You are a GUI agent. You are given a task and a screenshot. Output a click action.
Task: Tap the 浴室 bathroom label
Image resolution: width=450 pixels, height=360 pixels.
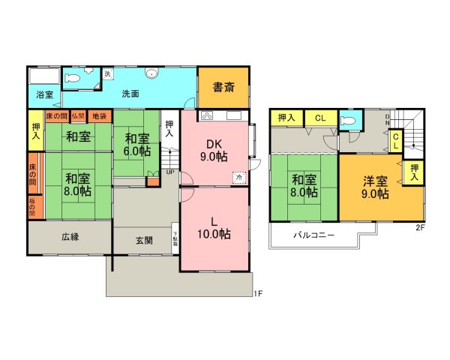coord(43,94)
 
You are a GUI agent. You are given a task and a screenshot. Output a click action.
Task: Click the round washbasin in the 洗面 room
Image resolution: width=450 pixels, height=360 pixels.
coord(151,74)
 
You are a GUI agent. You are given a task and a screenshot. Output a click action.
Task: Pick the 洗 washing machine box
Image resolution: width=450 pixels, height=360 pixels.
coord(107,74)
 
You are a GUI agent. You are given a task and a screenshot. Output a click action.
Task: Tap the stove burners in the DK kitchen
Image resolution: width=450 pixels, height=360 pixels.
coord(208,115)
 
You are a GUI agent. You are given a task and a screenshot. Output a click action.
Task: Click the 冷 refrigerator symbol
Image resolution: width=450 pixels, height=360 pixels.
coord(238,178)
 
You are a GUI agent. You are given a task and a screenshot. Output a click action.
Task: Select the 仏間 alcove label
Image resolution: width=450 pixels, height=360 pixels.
coord(79,116)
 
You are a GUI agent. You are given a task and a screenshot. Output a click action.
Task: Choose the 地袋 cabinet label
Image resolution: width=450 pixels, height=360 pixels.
coord(99,116)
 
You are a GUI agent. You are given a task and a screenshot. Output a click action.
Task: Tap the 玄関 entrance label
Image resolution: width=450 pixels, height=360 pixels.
coord(144,241)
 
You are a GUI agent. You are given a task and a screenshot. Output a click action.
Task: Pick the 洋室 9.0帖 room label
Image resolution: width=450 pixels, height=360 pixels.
coord(372,187)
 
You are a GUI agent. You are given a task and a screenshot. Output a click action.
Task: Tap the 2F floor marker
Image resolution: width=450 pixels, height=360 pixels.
coord(420,228)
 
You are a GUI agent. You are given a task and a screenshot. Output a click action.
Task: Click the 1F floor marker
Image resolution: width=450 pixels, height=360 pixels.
coord(257,292)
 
